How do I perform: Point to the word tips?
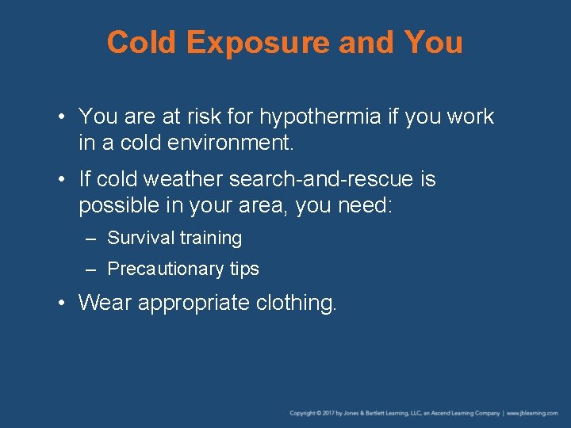[244, 269]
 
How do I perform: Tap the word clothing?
[297, 303]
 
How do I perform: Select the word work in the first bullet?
[469, 117]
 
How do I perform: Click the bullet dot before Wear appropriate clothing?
[62, 303]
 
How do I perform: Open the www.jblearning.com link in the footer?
[534, 413]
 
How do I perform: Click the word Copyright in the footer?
[302, 413]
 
